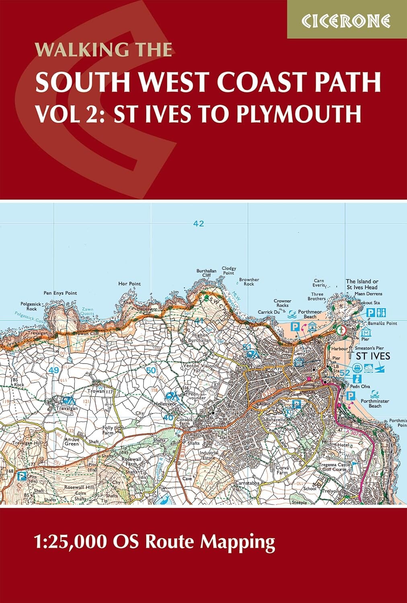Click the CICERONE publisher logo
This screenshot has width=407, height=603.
pos(346,21)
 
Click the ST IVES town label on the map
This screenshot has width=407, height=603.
pos(373,356)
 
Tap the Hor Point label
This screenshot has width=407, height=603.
pos(129,284)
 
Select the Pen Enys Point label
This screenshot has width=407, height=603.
pos(60,293)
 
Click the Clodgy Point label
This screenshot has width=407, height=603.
pos(228,271)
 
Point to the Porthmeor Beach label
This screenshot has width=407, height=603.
pos(310,314)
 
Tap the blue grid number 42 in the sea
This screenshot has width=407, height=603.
pos(199,224)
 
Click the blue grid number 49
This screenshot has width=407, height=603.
pos(53,370)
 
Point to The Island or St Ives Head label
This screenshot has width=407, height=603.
pos(362,284)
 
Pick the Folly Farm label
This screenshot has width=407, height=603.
pos(108,431)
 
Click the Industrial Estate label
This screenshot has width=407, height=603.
pos(209,455)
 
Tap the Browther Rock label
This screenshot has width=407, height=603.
pos(249,281)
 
